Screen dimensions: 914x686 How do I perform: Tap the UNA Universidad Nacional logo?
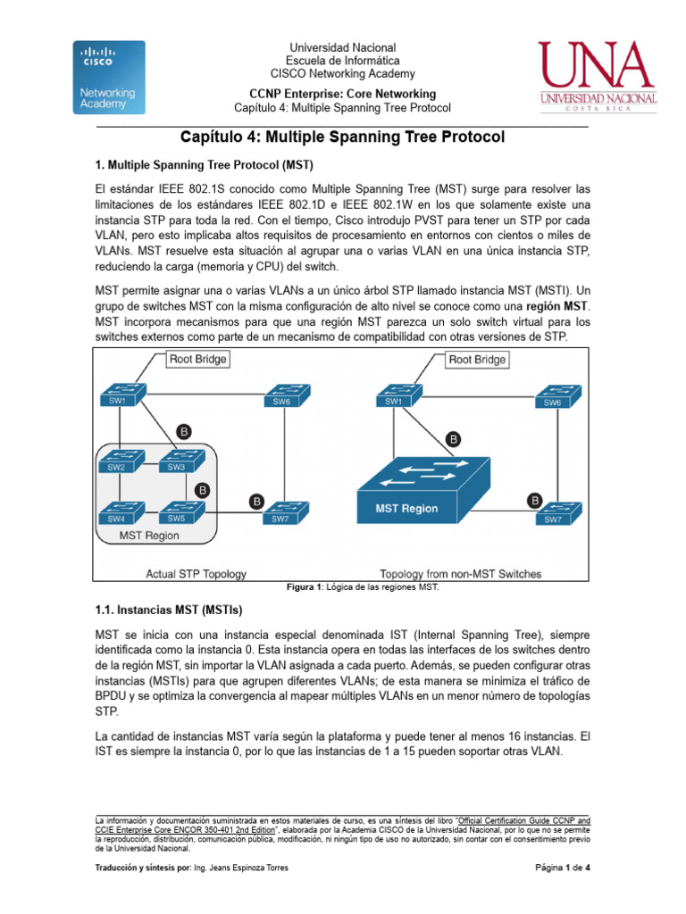tap(598, 77)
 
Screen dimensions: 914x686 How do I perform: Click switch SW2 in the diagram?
tap(118, 461)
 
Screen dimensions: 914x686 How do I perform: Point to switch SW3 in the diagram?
tap(177, 461)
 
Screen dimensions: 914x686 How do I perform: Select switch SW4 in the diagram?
tap(118, 512)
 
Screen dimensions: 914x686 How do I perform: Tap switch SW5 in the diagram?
tap(177, 511)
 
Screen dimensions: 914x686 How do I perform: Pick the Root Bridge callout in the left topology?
tap(198, 359)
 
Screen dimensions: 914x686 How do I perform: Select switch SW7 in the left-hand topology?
tap(280, 512)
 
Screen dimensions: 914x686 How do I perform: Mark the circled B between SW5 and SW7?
tap(256, 503)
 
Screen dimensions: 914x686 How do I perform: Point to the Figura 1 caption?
tap(362, 588)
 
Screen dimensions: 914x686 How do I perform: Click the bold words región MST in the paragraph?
tap(562, 306)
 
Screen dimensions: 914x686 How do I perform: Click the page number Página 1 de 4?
tap(563, 868)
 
